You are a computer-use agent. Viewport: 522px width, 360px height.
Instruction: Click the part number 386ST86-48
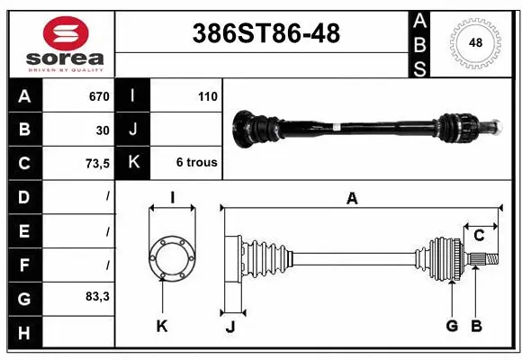[267, 33]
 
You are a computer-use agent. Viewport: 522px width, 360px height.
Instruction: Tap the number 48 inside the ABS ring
[475, 42]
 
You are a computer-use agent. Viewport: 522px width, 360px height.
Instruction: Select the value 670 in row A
[98, 96]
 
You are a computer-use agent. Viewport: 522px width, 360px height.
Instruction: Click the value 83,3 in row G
[97, 296]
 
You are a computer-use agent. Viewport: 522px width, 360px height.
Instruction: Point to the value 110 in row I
[207, 96]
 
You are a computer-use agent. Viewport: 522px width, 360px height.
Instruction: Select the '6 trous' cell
[195, 163]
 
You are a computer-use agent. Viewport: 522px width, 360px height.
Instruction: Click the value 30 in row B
[103, 130]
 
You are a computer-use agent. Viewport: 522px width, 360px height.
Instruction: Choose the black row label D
[23, 196]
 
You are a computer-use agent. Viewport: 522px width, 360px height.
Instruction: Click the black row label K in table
[133, 163]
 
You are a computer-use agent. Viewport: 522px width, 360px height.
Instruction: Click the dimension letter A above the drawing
[352, 199]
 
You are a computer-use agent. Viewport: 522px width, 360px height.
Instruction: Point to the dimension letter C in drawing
[480, 236]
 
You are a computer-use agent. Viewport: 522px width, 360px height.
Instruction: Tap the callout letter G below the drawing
[452, 326]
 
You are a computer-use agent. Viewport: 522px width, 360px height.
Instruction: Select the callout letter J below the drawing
[229, 327]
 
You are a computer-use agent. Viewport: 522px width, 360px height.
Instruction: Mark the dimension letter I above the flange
[171, 199]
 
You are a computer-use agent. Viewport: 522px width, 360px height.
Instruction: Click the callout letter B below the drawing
[477, 326]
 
